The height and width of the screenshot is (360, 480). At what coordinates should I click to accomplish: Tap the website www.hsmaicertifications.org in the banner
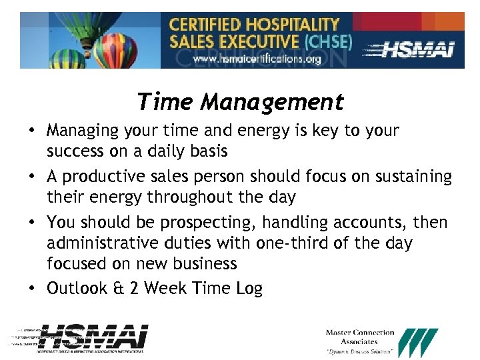point(257,59)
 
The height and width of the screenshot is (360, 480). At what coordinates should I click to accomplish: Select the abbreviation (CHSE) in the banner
point(328,41)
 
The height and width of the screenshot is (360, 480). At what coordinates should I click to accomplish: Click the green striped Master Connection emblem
point(418,342)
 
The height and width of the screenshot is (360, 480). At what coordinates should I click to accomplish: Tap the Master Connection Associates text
point(360,337)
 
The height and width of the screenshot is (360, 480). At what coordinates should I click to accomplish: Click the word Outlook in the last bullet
point(77,288)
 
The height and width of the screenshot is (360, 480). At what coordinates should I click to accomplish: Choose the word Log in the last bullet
point(250,288)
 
